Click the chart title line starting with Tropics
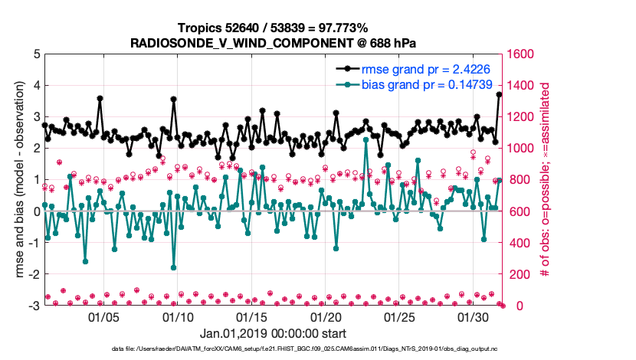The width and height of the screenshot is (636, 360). click(x=274, y=28)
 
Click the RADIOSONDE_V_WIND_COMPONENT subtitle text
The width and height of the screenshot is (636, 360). click(x=274, y=41)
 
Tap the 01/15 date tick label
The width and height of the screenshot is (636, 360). click(x=251, y=316)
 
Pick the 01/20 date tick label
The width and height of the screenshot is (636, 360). click(x=326, y=316)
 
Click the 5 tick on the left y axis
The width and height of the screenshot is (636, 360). click(x=36, y=54)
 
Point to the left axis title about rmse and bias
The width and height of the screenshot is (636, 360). click(x=18, y=180)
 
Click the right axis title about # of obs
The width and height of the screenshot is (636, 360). click(x=545, y=180)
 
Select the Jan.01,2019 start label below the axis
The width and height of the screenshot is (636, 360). click(x=273, y=334)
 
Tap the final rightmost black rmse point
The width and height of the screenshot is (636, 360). click(x=500, y=94)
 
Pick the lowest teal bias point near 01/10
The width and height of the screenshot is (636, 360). click(x=174, y=268)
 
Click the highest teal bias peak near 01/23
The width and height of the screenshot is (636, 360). click(x=366, y=139)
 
